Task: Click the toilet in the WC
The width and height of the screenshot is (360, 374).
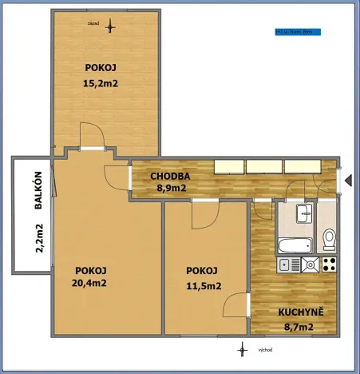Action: (x=328, y=239)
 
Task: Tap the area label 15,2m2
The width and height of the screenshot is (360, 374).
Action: (x=103, y=82)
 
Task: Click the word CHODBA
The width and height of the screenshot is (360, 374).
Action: (x=171, y=176)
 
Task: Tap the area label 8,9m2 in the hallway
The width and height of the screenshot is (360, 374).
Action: (x=171, y=189)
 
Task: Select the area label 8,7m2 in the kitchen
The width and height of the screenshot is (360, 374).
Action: (x=296, y=326)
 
